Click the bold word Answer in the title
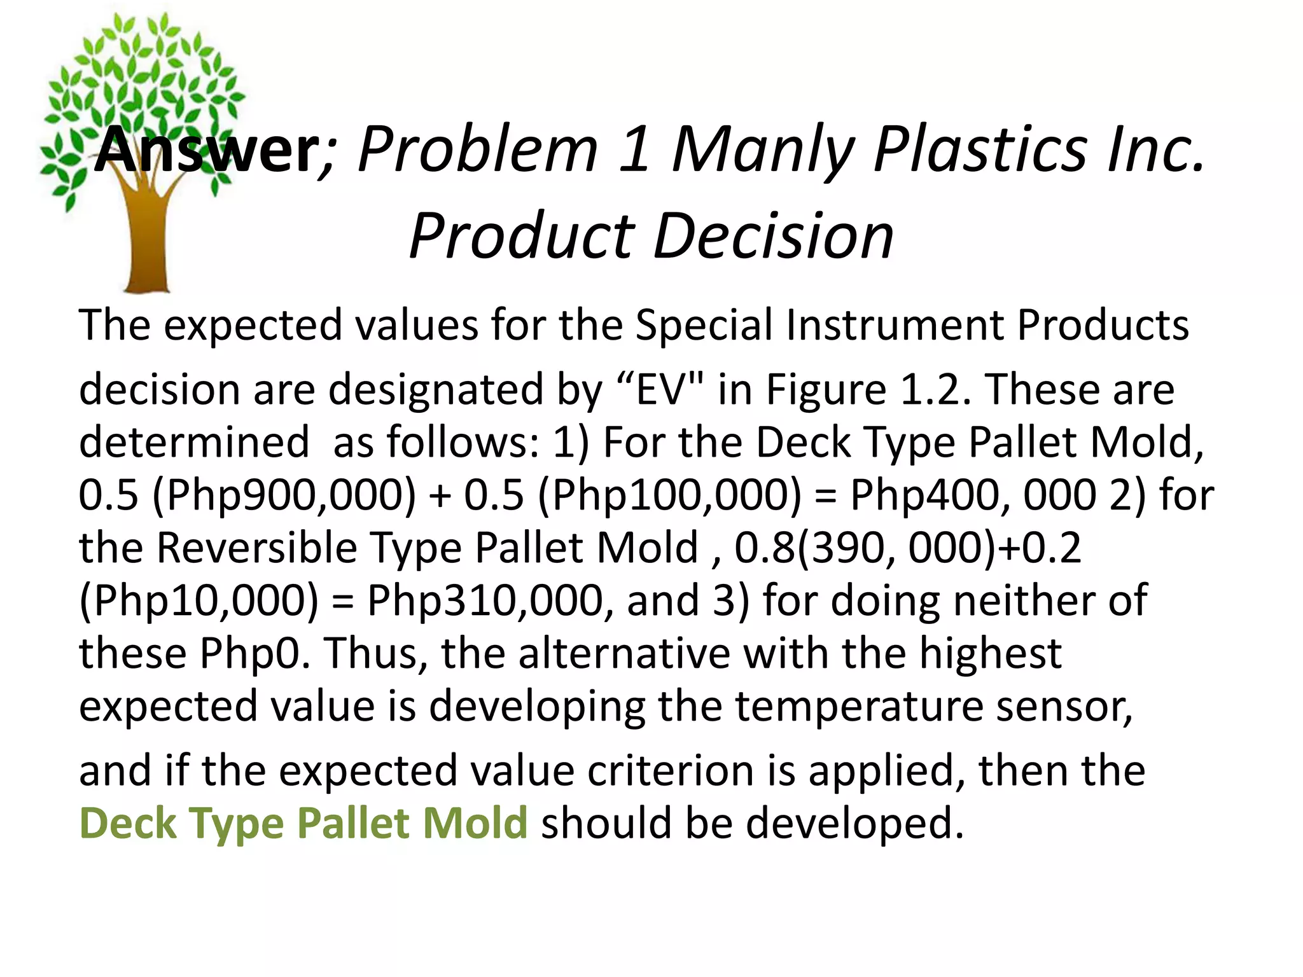[207, 149]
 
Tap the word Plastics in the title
[980, 149]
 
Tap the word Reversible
[257, 548]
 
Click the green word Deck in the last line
[128, 823]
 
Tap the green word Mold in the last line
[475, 823]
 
